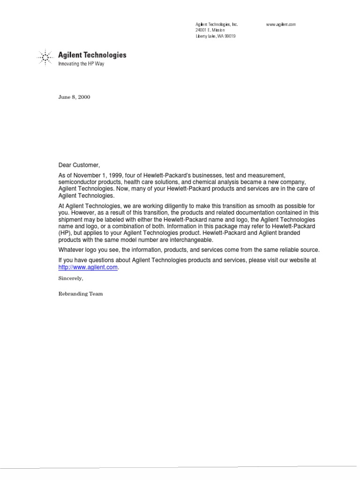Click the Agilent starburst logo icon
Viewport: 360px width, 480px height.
pyautogui.click(x=45, y=58)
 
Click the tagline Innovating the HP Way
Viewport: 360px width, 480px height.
pyautogui.click(x=81, y=64)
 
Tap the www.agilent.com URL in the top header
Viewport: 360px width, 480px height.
pyautogui.click(x=281, y=24)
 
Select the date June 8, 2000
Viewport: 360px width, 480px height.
pyautogui.click(x=74, y=97)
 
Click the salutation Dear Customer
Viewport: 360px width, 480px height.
pyautogui.click(x=79, y=165)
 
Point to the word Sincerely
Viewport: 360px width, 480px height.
pyautogui.click(x=70, y=278)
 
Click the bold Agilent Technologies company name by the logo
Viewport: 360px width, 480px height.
pyautogui.click(x=92, y=55)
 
